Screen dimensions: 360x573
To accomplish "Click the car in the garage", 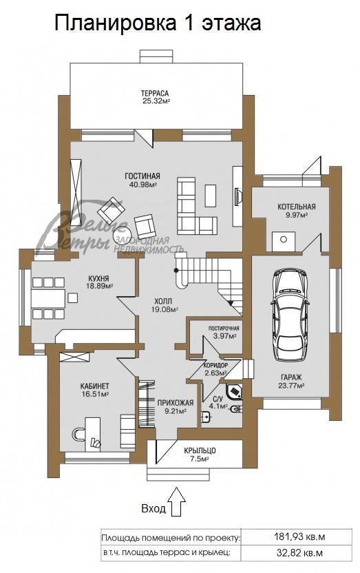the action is click(290, 315).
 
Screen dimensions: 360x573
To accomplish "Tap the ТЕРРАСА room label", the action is click(155, 94).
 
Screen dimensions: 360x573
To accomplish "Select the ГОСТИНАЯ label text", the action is click(142, 176).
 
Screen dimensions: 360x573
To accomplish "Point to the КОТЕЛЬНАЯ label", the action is click(297, 207).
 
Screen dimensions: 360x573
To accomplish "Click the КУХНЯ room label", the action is click(98, 278).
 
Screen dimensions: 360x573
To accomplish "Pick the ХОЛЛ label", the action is click(163, 302).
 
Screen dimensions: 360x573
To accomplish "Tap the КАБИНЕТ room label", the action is click(94, 386).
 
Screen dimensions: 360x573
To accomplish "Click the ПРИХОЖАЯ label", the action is click(176, 403).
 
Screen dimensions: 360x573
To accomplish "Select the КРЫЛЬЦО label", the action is click(200, 451).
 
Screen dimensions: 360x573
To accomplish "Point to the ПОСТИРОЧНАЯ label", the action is click(224, 328).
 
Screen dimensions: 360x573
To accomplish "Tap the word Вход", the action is click(153, 508).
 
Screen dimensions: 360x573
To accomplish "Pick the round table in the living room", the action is click(123, 235).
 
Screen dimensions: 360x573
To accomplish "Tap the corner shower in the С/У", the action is click(234, 392).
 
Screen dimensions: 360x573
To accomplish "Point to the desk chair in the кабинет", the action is click(77, 435).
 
